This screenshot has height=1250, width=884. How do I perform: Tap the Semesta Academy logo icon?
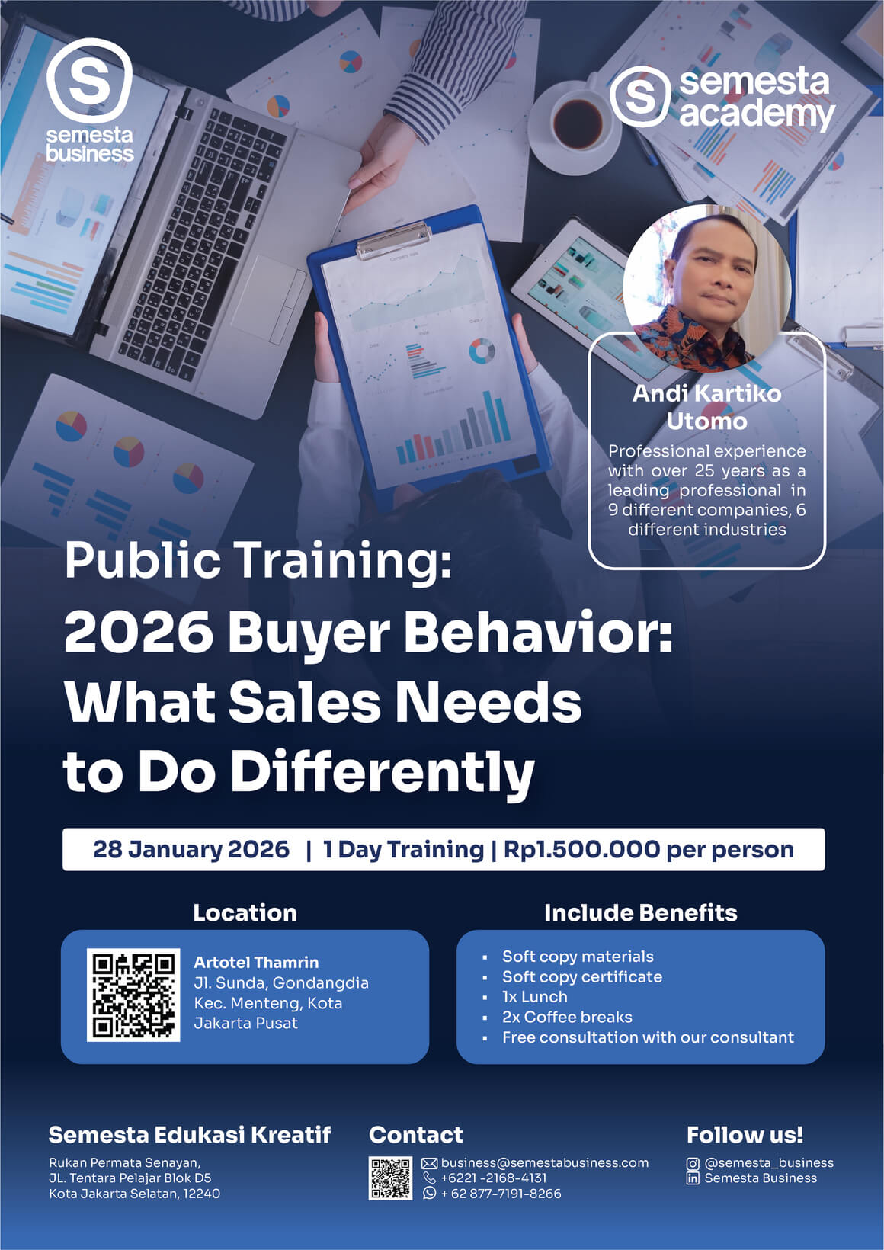coord(639,97)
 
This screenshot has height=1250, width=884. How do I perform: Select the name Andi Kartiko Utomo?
coord(706,407)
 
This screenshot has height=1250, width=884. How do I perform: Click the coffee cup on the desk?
coord(578,122)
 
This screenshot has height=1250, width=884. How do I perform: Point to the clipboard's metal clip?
coord(392,239)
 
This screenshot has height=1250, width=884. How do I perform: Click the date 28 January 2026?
coord(191,849)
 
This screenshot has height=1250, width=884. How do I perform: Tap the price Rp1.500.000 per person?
coord(649,849)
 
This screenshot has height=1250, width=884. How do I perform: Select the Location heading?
coord(245,912)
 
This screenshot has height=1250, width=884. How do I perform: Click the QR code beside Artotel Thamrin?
coord(133,995)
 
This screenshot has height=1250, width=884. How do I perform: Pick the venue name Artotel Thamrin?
coord(256,962)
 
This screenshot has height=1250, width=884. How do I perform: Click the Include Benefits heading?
coord(640,912)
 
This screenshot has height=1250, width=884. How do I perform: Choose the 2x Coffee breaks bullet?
coord(567,1017)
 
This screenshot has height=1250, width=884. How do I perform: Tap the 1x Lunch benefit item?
coord(534,997)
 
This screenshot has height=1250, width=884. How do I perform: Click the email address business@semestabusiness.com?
coord(544,1163)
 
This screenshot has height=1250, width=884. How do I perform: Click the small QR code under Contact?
coord(390,1178)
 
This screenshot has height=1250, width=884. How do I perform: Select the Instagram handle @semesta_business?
coord(769,1163)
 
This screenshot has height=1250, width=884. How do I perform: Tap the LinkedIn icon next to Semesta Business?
coord(693,1178)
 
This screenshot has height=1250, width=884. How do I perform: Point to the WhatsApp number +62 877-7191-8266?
coord(501,1194)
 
